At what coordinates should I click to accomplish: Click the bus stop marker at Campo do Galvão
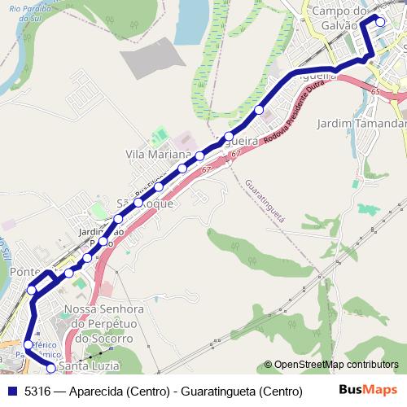click(x=379, y=22)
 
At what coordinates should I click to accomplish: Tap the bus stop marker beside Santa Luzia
click(x=50, y=368)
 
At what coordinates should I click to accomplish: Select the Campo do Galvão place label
click(x=335, y=18)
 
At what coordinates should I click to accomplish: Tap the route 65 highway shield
click(x=374, y=94)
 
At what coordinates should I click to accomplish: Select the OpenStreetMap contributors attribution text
click(x=335, y=365)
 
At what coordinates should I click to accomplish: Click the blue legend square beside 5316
click(x=11, y=392)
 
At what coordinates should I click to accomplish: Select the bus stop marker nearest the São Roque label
click(x=138, y=202)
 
